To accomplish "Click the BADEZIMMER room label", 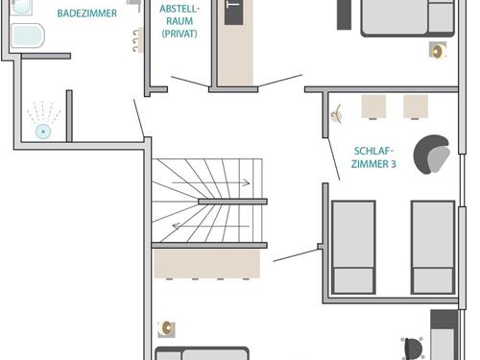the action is [x=87, y=13].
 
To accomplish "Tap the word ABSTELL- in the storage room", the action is [x=180, y=9].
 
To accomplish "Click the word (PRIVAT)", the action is [x=180, y=34].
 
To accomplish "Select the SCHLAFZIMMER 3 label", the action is [x=373, y=157].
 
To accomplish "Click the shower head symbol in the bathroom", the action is [x=43, y=132].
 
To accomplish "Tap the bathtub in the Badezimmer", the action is [x=27, y=36].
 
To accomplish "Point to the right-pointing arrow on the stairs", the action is [x=211, y=183].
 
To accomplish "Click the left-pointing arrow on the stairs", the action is [x=211, y=227].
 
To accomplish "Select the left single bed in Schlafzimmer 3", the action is [x=353, y=248].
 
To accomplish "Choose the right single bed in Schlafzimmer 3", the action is [x=433, y=248].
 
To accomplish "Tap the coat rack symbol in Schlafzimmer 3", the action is [x=337, y=114].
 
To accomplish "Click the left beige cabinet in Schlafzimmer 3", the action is [x=373, y=107].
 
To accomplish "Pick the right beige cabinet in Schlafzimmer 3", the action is [x=416, y=107].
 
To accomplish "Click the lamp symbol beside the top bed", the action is [x=438, y=50].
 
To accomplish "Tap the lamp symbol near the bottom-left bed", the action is [x=166, y=328].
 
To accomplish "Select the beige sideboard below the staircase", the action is [x=206, y=264].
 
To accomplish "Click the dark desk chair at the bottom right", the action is [x=413, y=348].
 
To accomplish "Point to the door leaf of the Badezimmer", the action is [x=138, y=118].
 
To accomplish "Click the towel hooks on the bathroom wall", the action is [x=135, y=40].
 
